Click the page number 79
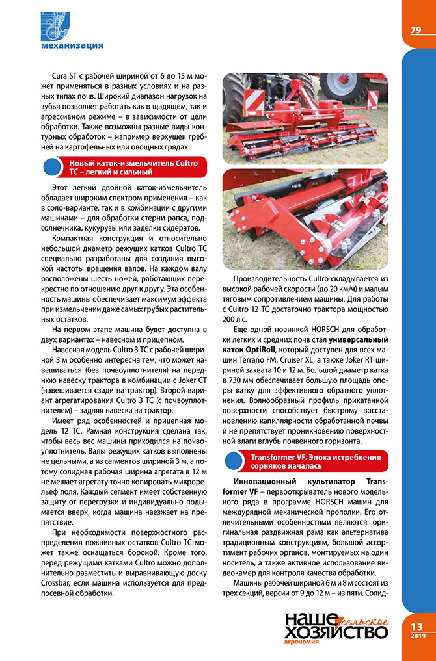[416, 31]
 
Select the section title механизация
[72, 45]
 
